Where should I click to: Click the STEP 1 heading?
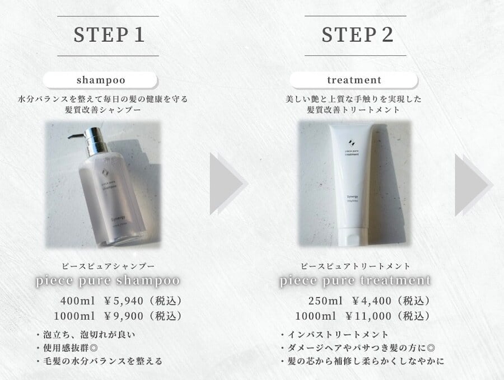109,35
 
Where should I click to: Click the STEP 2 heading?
357,35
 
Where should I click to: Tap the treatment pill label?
356,79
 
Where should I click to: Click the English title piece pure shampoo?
108,280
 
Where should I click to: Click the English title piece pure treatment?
356,280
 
